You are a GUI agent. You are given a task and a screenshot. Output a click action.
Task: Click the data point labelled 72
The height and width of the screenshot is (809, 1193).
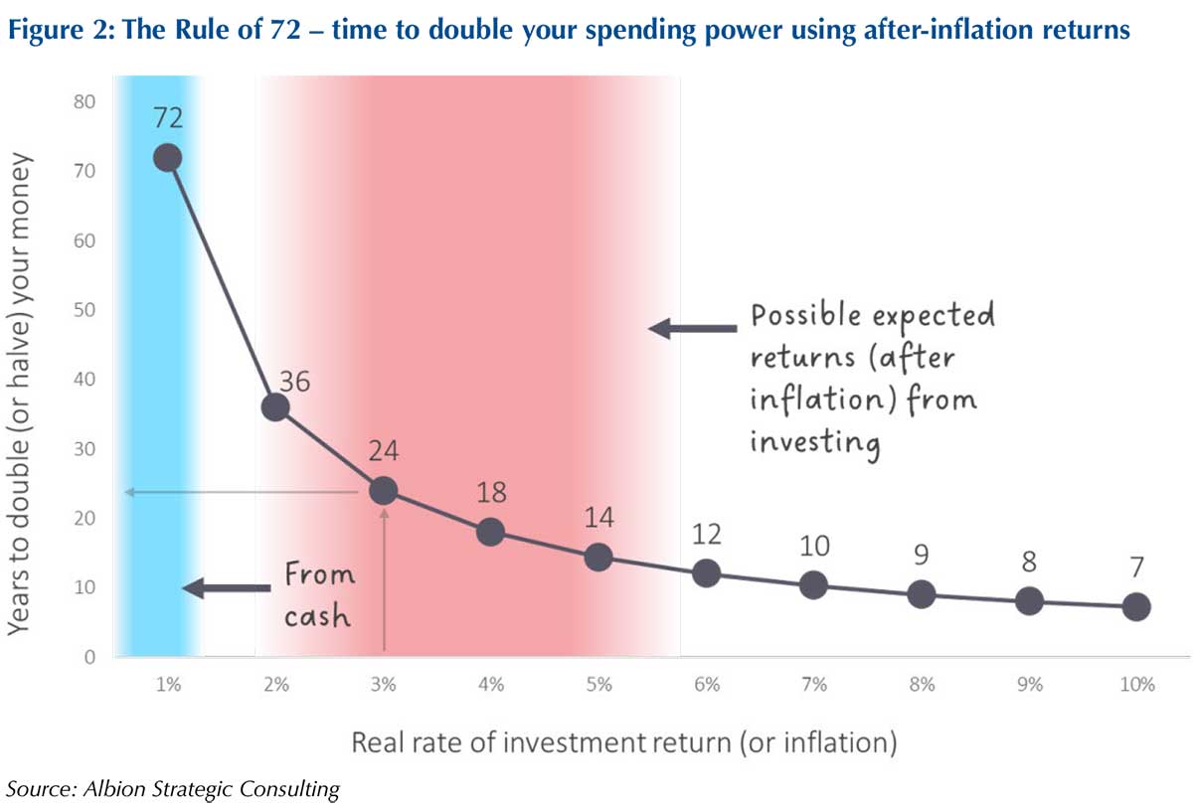coord(168,157)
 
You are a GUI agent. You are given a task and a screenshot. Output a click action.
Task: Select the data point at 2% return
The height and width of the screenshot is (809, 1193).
coord(275,406)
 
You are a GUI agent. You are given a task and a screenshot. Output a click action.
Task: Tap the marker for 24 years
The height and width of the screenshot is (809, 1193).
coord(383,490)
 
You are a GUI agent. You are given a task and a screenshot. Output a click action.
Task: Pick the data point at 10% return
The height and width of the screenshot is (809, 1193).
coord(1135,606)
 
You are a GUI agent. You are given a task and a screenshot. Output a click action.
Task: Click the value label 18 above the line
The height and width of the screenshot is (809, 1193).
coord(491,492)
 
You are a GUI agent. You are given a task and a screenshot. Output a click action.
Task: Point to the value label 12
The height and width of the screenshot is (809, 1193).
coord(706,534)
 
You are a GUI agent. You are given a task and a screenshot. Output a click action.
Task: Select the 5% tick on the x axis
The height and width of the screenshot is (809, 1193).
coord(598,685)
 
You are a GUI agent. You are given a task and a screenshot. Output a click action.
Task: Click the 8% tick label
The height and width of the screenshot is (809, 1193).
coord(922,685)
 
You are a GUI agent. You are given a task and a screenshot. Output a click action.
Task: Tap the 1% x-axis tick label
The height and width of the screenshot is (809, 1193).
coord(168,685)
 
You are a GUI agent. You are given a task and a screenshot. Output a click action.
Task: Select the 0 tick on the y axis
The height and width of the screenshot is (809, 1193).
coord(88,657)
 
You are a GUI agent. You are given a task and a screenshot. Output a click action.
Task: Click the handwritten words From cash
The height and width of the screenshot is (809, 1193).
coord(318,594)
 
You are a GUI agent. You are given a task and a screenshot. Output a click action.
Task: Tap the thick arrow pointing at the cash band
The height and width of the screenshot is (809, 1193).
coord(226,588)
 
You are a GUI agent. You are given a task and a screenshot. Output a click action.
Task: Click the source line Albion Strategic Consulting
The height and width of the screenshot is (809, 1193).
coord(174,789)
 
